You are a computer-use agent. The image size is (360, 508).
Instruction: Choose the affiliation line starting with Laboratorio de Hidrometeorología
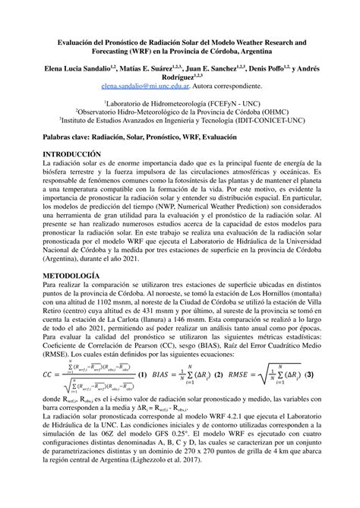click(x=179, y=100)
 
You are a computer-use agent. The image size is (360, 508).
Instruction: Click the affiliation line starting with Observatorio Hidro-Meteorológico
click(x=181, y=109)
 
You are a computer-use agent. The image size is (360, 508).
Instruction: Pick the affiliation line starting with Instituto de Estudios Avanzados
click(x=181, y=118)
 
